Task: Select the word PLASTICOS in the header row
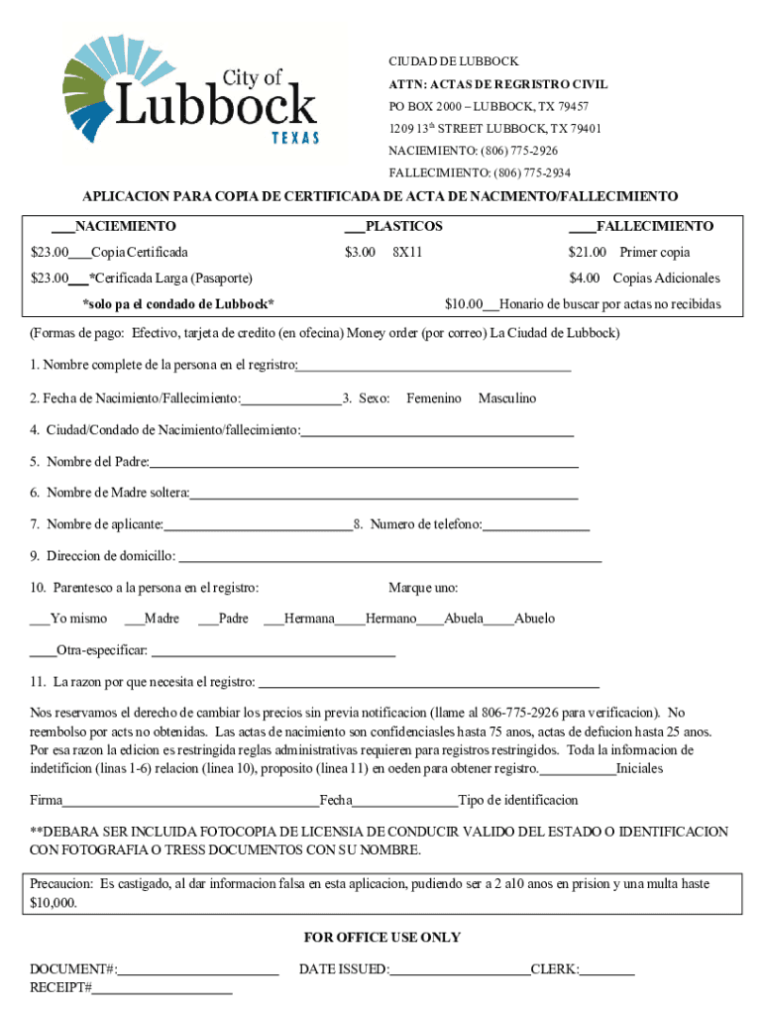(404, 226)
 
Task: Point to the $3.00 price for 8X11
(360, 252)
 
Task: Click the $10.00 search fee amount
(463, 304)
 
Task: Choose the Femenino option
(434, 398)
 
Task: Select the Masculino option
(506, 398)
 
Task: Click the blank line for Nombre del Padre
(364, 464)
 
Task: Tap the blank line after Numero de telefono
(536, 526)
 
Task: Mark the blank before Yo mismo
(40, 620)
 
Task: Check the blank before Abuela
(430, 620)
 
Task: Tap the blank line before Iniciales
(578, 770)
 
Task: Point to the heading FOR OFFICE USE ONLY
(381, 938)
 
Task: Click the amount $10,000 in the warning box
(53, 903)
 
